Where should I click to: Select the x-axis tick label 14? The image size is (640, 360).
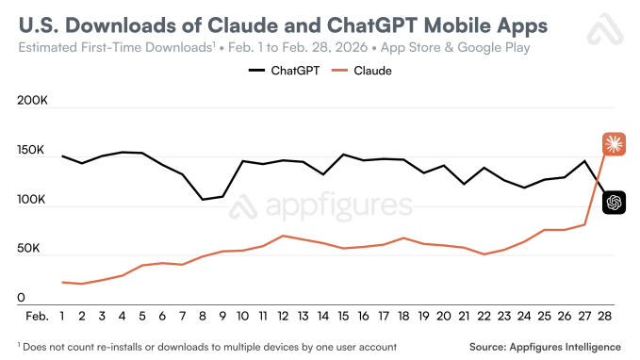click(323, 316)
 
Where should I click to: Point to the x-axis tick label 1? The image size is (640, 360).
click(62, 316)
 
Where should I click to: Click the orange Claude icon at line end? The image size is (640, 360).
click(614, 143)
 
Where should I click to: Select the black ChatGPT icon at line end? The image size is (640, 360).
click(614, 202)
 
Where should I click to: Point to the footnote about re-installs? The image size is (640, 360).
click(200, 347)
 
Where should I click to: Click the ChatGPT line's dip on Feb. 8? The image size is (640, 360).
click(202, 199)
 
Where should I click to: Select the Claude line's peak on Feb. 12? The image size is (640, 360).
click(283, 236)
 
